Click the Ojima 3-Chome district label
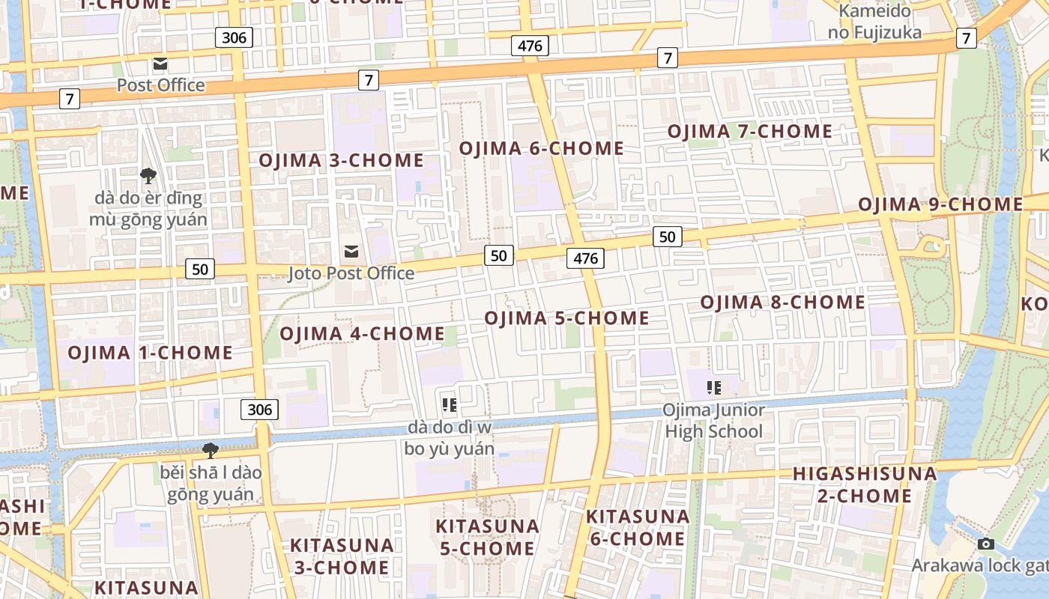341,160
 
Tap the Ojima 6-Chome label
541,148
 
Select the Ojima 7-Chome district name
749,132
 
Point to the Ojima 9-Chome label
940,204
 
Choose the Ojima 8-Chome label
782,302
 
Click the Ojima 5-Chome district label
566,318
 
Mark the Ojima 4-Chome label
362,333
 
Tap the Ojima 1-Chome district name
150,353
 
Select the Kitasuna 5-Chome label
487,537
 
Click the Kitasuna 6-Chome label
638,527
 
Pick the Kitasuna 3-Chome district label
341,556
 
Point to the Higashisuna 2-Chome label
865,484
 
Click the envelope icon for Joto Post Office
351,252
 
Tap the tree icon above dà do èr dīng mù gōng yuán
148,176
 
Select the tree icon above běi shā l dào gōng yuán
211,450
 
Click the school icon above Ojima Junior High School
713,388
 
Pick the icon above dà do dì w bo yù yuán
450,405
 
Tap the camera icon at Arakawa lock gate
986,544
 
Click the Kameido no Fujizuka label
874,22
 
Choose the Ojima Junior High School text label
713,421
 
